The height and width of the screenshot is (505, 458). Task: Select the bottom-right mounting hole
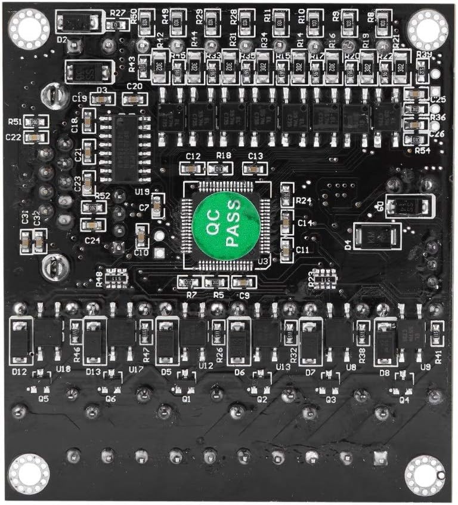pyautogui.click(x=425, y=475)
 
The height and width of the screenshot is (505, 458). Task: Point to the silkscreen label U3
pyautogui.click(x=263, y=261)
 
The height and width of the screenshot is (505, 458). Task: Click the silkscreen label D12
pyautogui.click(x=19, y=372)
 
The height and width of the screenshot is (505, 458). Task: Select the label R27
pyautogui.click(x=118, y=13)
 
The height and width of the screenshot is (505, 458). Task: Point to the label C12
pyautogui.click(x=193, y=156)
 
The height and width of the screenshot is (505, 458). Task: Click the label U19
pyautogui.click(x=142, y=192)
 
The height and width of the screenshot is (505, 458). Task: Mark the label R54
pyautogui.click(x=422, y=150)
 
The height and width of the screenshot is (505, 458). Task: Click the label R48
pyautogui.click(x=98, y=278)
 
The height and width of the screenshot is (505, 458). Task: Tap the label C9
pyautogui.click(x=244, y=294)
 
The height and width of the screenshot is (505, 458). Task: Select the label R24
pyautogui.click(x=304, y=201)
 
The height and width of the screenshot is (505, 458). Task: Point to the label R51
pyautogui.click(x=16, y=121)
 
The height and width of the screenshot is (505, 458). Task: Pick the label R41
pyautogui.click(x=439, y=356)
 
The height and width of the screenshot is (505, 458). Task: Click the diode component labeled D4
pyautogui.click(x=374, y=236)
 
